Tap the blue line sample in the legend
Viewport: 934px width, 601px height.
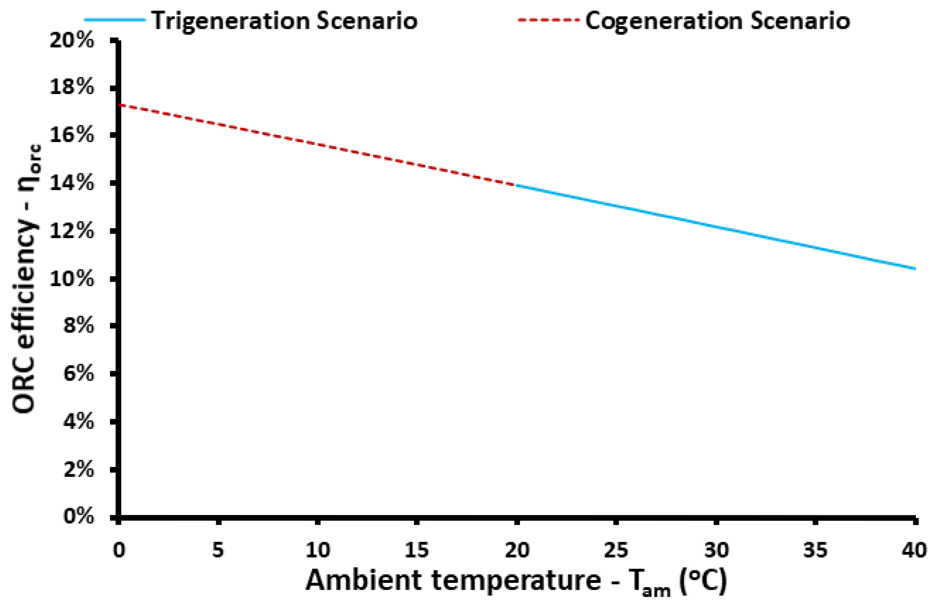point(115,19)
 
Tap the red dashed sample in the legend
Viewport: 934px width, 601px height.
point(548,19)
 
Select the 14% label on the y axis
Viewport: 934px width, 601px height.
point(72,183)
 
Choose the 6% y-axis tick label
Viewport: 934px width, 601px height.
point(78,374)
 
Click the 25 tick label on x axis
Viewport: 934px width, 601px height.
point(616,550)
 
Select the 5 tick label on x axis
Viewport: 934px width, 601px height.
point(218,550)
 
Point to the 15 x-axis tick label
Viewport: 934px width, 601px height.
point(417,550)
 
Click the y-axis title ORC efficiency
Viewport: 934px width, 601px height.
point(25,279)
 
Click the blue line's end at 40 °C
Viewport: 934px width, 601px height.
point(914,268)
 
